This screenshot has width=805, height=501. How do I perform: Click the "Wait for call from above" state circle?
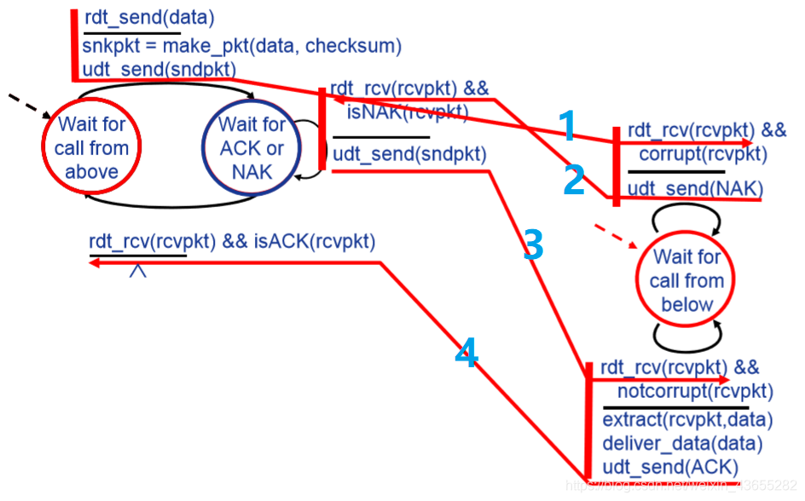point(91,147)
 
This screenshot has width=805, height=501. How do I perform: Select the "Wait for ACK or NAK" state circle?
point(252,147)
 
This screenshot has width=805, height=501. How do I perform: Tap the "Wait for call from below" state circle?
point(686,280)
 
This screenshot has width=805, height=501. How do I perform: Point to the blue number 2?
point(574,181)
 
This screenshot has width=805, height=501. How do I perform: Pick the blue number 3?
point(534,245)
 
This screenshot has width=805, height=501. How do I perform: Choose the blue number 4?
point(465,352)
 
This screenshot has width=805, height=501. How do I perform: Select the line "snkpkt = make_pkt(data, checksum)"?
point(242,45)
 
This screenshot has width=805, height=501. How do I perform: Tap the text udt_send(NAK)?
point(695,188)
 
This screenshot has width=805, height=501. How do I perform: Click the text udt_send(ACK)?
point(669,467)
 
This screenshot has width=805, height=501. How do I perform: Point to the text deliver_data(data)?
point(682,443)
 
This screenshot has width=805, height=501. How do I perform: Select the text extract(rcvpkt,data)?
point(687,420)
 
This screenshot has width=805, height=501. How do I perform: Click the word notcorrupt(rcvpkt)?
point(695,391)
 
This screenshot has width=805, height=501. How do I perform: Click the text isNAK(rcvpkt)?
point(408,111)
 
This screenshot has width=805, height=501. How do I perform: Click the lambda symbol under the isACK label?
point(137,271)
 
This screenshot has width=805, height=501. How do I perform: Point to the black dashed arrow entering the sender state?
point(28,107)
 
